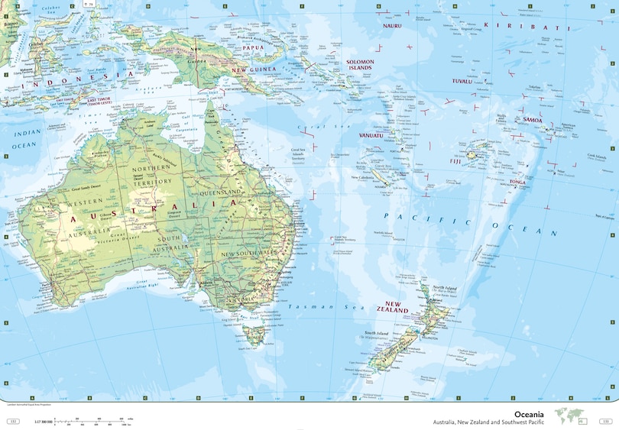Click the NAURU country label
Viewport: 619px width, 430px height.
(392, 25)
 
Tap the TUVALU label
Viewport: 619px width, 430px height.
(462, 80)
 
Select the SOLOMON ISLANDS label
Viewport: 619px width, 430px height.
(359, 64)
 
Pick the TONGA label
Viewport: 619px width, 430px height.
(518, 183)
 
